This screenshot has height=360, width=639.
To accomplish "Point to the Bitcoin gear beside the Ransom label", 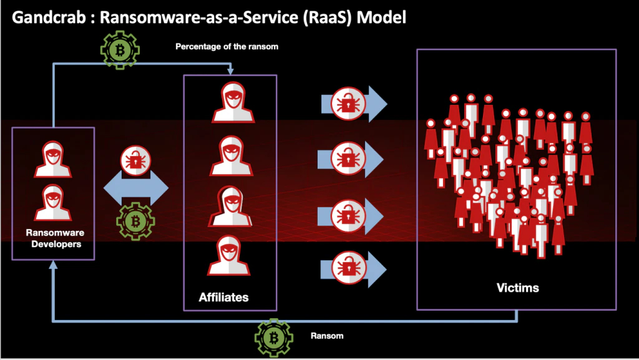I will click(273, 338).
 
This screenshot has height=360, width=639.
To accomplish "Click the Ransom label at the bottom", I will click(327, 336).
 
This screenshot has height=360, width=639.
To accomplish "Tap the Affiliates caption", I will click(223, 298).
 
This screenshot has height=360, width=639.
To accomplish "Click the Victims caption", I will click(517, 288).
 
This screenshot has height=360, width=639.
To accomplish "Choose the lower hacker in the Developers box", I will click(52, 202).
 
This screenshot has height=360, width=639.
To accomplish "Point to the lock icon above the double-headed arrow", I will click(135, 162).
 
